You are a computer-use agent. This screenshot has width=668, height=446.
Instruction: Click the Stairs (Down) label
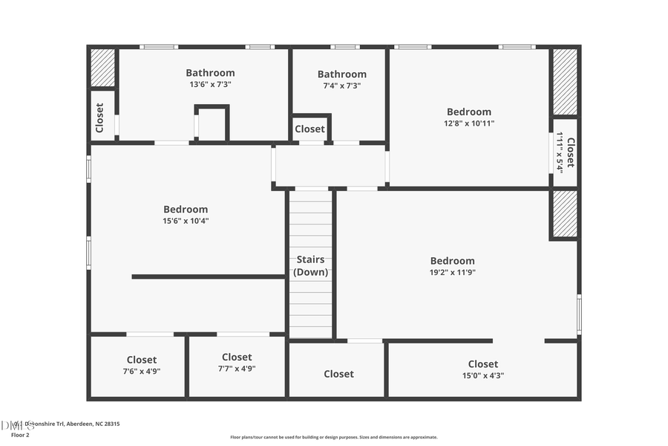point(310,266)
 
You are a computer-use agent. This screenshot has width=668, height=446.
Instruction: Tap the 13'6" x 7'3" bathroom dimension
point(211,85)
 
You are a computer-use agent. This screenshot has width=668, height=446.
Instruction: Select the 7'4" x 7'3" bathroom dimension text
point(341,85)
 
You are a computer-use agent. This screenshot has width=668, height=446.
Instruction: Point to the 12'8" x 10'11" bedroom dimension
point(468,123)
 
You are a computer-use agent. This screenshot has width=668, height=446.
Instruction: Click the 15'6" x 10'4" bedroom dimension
point(186,221)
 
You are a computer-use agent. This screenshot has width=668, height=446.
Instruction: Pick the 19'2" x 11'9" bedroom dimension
point(452,273)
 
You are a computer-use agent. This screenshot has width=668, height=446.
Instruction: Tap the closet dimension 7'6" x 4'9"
point(141,371)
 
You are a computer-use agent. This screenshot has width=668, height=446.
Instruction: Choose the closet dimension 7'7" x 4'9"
point(237,369)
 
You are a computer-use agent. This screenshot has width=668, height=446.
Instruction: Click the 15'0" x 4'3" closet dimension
point(482,375)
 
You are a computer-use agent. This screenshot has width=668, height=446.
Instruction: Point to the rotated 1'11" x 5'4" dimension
point(560,152)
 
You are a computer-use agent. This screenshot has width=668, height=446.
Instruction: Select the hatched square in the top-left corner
point(102,68)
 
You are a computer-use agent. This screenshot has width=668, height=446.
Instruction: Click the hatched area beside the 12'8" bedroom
point(565,82)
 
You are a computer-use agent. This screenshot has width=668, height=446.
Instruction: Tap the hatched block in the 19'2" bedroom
point(565,213)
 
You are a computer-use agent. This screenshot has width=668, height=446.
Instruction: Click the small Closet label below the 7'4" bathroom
point(310,129)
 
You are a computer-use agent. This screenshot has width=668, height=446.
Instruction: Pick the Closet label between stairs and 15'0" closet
point(338,374)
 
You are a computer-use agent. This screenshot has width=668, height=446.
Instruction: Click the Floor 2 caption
point(20,435)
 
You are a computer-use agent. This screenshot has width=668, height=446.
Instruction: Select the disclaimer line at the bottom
point(333,437)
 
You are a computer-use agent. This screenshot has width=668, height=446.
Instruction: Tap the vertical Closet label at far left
point(99,117)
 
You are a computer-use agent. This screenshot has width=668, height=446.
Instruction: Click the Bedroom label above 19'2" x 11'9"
point(452,261)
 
